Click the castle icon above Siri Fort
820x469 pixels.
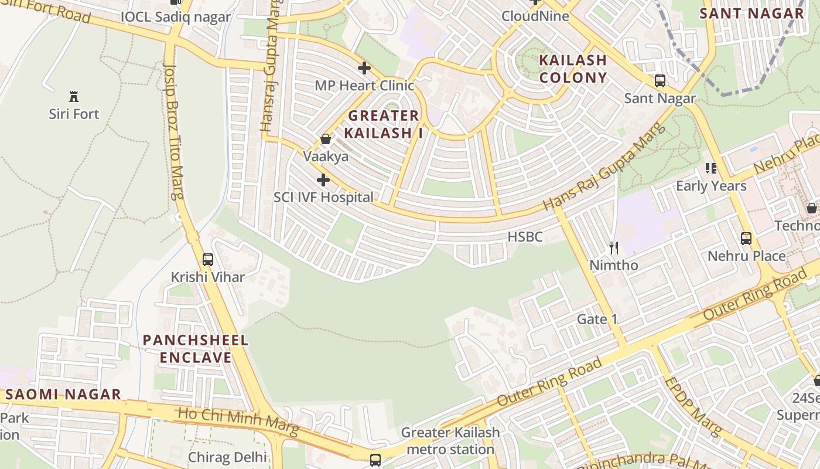[74, 97]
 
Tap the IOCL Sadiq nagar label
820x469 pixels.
[176, 16]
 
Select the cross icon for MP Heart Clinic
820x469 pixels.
[364, 68]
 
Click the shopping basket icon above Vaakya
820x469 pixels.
[326, 140]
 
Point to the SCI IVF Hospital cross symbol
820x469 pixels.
[323, 180]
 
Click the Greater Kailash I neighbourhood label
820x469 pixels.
[384, 124]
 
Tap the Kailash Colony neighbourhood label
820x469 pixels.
[573, 69]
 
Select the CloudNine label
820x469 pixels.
[535, 16]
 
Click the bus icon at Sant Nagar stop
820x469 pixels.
[660, 81]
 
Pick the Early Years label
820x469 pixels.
[711, 186]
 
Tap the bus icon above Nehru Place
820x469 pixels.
[746, 239]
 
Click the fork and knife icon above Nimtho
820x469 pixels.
[614, 248]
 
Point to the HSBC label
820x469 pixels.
[525, 237]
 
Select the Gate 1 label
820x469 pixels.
[597, 320]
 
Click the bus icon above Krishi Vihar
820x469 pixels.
[207, 259]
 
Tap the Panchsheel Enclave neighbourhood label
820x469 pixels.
[196, 349]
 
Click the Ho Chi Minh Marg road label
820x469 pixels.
[238, 422]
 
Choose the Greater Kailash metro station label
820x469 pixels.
[450, 441]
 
